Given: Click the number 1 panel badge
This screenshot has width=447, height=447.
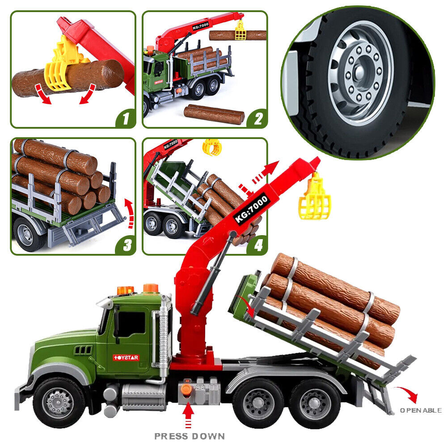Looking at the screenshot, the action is [x=126, y=118].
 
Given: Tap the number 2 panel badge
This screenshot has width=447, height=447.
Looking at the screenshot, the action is [x=257, y=118].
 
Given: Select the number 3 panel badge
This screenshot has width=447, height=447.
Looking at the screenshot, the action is [x=126, y=245].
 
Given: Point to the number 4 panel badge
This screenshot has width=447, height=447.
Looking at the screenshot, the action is [x=257, y=245].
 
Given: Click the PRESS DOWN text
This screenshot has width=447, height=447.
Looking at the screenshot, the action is [x=190, y=436].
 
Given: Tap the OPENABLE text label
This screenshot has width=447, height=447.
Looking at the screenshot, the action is [x=421, y=410].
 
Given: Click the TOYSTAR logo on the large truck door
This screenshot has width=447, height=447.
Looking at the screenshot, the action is [x=126, y=358].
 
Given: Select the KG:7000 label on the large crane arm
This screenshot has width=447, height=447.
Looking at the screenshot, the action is [x=251, y=209].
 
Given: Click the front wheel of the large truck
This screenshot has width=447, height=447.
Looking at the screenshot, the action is [x=59, y=402].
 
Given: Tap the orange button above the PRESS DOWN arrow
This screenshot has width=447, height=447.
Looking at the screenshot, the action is [x=186, y=389].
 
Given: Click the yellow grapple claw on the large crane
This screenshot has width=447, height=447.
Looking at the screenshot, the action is [x=315, y=197].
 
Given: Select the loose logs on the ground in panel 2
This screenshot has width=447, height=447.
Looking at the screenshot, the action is [x=214, y=114].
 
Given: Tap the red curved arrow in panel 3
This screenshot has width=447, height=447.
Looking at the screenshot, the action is [x=129, y=213].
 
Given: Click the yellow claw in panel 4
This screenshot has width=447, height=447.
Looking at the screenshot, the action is [x=212, y=147].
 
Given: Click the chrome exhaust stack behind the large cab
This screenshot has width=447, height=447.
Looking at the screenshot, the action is [x=163, y=337].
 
